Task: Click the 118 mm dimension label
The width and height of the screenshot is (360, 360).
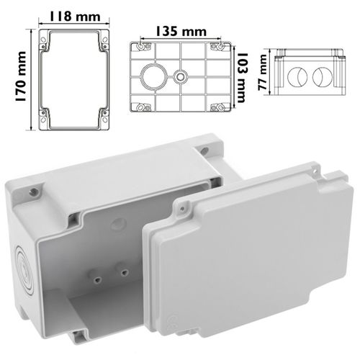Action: (x=75, y=17)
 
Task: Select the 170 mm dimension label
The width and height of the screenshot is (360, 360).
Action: (x=21, y=76)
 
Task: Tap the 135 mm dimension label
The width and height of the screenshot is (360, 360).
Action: (x=181, y=32)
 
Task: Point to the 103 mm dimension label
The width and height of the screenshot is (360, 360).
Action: (x=241, y=78)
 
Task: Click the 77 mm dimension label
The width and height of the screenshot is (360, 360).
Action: (x=263, y=73)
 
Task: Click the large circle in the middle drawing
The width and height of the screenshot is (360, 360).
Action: (x=153, y=76)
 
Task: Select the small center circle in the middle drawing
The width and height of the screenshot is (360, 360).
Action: (x=180, y=77)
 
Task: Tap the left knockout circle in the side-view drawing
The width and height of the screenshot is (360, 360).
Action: (x=297, y=77)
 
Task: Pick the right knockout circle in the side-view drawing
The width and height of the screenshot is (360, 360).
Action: (x=323, y=77)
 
